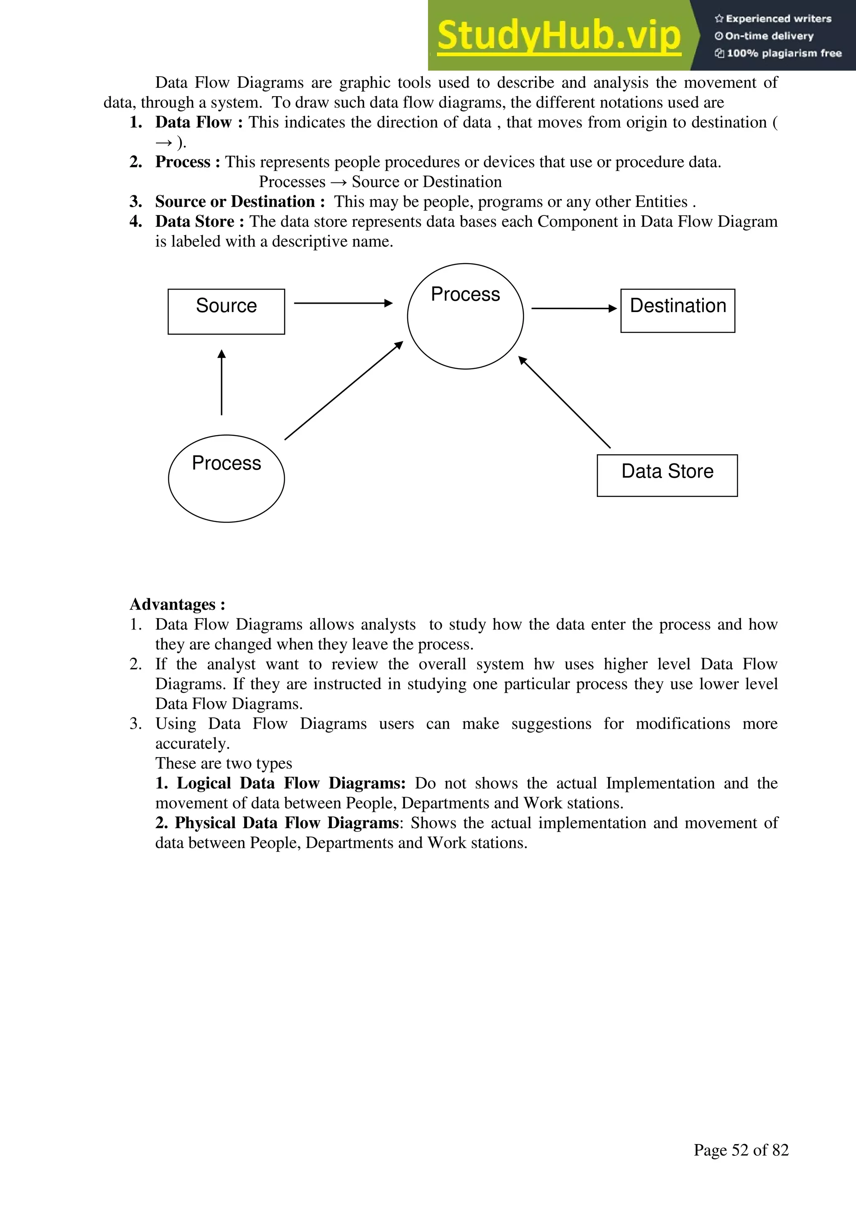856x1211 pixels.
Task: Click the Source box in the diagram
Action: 226,311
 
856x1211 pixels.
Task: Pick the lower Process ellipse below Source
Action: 226,479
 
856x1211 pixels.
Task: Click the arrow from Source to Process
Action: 343,303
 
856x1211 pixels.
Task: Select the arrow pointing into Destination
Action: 573,309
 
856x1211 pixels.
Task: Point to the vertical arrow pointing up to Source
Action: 222,382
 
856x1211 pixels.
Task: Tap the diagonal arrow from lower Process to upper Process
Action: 344,390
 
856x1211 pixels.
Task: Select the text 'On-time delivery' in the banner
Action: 769,36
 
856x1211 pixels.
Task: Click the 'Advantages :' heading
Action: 177,604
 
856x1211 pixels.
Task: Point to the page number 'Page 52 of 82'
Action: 741,1150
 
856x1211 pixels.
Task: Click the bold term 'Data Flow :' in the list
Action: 199,123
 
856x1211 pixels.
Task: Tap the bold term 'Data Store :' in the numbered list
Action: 199,222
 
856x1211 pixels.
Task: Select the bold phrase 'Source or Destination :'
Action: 240,202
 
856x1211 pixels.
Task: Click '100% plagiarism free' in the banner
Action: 783,53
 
